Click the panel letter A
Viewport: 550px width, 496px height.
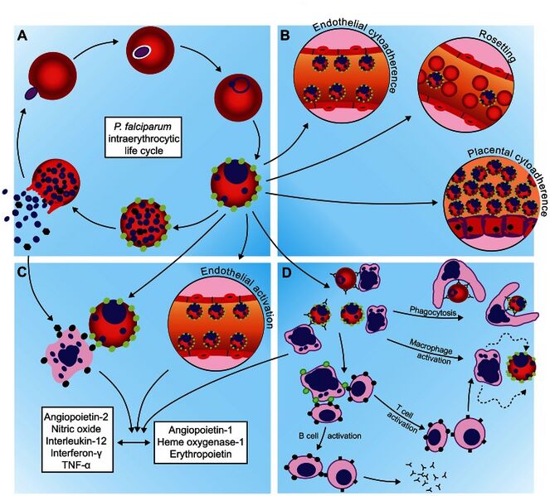(x=22, y=36)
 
